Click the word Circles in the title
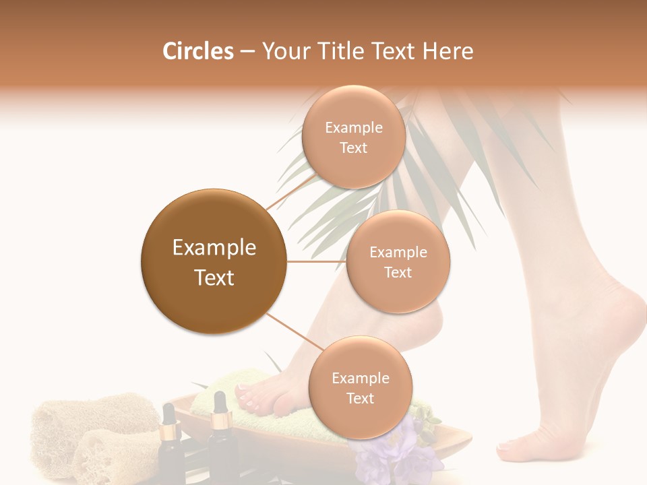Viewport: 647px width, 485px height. coord(198,51)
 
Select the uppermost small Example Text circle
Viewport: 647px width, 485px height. coord(352,137)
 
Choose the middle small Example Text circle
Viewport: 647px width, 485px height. coord(398,261)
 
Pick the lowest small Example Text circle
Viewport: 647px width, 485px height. coord(360,387)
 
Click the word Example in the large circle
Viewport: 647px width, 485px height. coord(214,248)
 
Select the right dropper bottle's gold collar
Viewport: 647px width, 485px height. coord(219,422)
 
